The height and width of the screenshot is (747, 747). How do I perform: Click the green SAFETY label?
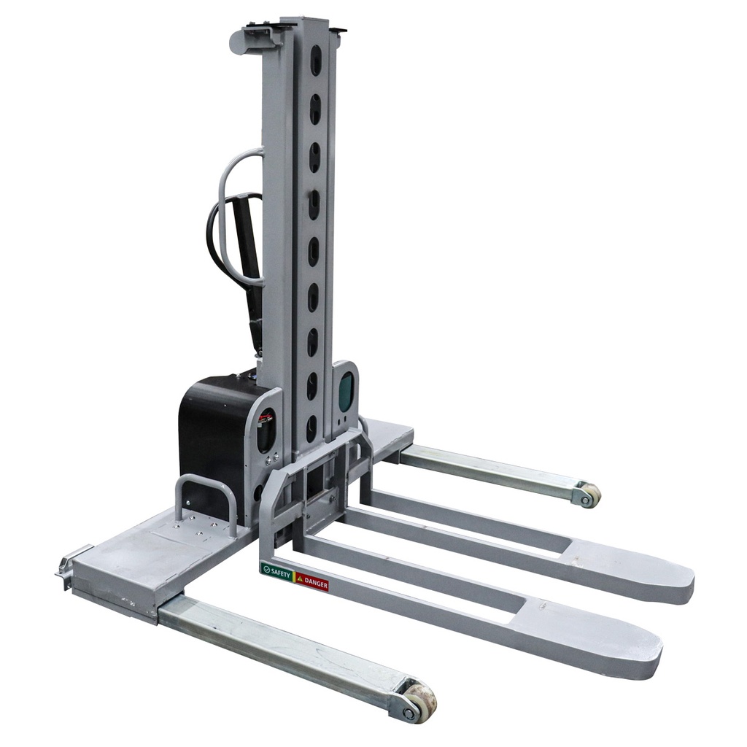276,570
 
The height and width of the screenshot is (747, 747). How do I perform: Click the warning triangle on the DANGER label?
300,578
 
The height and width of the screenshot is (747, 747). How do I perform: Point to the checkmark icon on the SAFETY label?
266,568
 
